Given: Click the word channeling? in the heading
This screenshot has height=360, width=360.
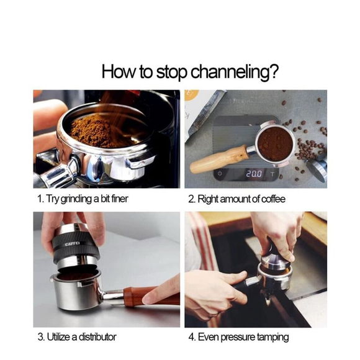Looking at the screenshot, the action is point(235,72).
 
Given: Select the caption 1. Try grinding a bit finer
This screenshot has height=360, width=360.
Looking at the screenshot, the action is point(83,199).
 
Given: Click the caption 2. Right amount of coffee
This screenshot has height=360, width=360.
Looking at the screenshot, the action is point(236,199).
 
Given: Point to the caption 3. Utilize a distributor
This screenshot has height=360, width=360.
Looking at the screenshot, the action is point(77,337).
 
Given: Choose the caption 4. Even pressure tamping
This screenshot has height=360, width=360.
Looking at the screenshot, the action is point(238,338).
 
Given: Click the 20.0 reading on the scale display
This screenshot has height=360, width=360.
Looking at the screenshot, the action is point(254,174).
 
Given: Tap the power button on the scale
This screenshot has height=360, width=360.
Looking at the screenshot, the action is point(220,173).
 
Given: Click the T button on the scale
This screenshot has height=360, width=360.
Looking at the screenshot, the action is point(272,174).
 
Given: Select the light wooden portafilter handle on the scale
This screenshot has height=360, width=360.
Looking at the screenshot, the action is point(219,159).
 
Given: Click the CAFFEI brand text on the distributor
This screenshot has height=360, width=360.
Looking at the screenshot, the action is point(72,244).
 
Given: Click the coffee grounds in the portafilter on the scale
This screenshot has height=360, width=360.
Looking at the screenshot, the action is point(275,143).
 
